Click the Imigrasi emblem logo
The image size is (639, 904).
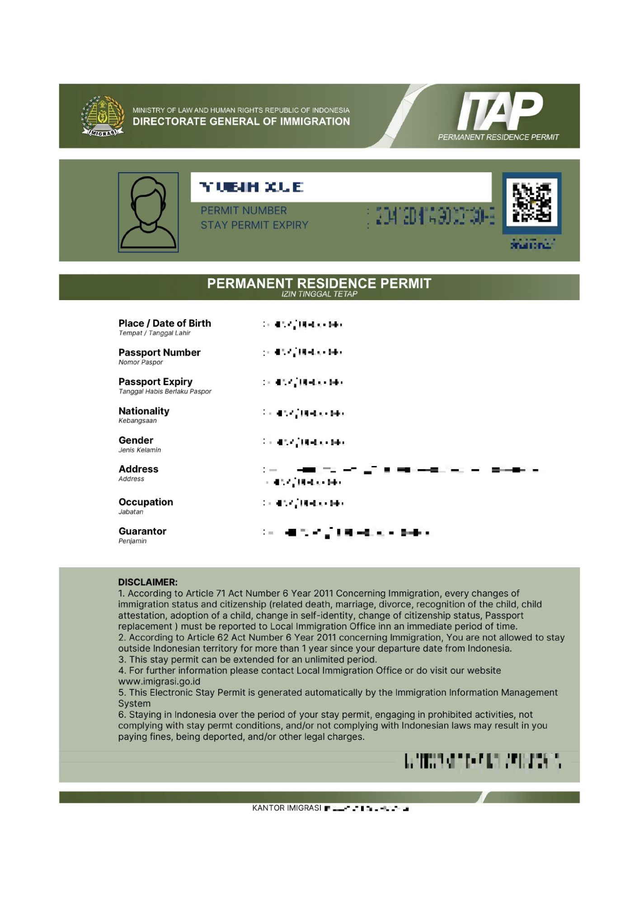tap(103, 116)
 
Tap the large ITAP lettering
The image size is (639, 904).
tap(500, 111)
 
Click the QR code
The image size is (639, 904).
tap(531, 202)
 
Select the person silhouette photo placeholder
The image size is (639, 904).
tap(148, 212)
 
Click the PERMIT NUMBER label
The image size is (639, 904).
tap(244, 211)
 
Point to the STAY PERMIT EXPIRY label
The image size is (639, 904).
tap(254, 225)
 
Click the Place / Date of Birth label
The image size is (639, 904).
tap(164, 324)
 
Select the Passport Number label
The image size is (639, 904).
tap(159, 353)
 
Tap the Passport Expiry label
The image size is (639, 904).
tap(155, 382)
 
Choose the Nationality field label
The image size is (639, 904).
tap(144, 411)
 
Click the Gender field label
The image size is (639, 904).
tap(136, 440)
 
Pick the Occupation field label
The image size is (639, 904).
tap(146, 502)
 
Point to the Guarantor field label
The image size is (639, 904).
tap(142, 532)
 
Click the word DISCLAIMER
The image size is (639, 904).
tap(148, 582)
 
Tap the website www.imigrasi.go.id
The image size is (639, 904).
tap(159, 682)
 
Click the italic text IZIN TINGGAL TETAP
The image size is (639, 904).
tap(319, 294)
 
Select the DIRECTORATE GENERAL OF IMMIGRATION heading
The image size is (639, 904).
tap(241, 122)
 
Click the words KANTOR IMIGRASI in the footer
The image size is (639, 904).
tap(287, 808)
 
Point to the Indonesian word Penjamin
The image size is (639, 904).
tap(132, 541)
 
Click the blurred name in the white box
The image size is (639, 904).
tap(251, 187)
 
